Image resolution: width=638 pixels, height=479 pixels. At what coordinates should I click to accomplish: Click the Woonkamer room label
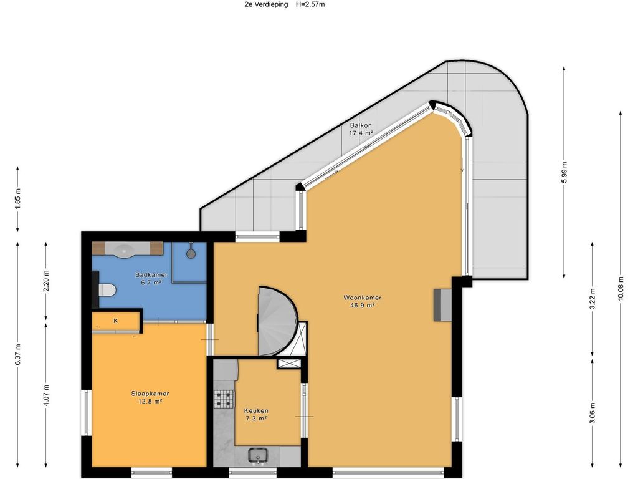[x=362, y=298]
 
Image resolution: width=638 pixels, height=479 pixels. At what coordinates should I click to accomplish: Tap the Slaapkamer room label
[x=150, y=394]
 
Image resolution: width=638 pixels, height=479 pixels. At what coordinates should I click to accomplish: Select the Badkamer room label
[x=151, y=275]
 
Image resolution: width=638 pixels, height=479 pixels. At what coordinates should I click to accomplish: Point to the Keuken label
[x=256, y=411]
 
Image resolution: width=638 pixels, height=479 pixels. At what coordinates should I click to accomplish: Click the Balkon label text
[x=361, y=125]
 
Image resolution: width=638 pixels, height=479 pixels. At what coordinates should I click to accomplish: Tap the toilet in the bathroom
[x=107, y=290]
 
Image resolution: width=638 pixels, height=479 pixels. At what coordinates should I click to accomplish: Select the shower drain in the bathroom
[x=191, y=254]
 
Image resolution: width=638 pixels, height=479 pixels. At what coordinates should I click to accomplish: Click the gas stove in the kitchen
[x=224, y=399]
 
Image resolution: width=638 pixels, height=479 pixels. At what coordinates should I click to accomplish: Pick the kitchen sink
[x=257, y=455]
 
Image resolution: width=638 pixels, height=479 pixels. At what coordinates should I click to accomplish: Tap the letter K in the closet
[x=115, y=321]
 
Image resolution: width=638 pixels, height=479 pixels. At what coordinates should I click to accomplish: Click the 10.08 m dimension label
[x=621, y=288]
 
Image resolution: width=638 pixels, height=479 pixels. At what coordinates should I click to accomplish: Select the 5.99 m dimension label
[x=564, y=173]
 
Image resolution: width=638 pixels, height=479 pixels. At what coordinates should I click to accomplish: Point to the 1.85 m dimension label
[x=17, y=198]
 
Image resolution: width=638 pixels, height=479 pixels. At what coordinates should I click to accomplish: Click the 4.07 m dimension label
[x=46, y=395]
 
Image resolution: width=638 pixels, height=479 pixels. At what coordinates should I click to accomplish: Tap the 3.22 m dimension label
[x=593, y=299]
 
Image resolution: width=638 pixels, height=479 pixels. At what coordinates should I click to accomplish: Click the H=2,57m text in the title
[x=310, y=4]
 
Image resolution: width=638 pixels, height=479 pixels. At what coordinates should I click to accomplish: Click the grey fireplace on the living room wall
[x=442, y=304]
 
